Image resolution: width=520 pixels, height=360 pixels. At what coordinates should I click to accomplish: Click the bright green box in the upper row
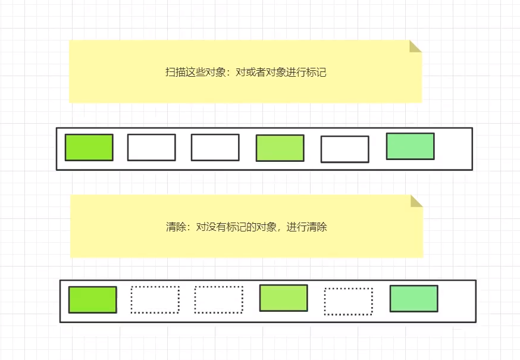point(89,148)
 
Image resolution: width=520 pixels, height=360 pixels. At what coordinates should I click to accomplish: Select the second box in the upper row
point(151,148)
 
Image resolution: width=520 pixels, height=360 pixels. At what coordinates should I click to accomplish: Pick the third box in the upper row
point(215,148)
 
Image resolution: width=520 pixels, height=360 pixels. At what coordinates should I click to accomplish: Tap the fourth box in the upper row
point(280,148)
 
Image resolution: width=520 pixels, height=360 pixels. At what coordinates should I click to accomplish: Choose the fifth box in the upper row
point(344,149)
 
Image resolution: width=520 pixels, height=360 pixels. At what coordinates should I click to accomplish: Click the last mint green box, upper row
point(410,146)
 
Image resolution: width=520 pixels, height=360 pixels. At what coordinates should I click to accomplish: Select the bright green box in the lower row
point(92,300)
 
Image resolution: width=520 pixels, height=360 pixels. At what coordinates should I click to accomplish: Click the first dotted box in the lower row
point(155,300)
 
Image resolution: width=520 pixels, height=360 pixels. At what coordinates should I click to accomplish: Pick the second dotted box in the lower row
point(218,300)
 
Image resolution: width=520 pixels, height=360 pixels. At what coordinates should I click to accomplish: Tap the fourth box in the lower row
point(283,298)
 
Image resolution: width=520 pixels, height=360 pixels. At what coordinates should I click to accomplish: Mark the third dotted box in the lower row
point(348,302)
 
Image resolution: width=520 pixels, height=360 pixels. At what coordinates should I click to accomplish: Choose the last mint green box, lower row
point(414,299)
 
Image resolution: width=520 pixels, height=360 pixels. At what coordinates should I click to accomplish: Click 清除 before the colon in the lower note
point(176,227)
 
